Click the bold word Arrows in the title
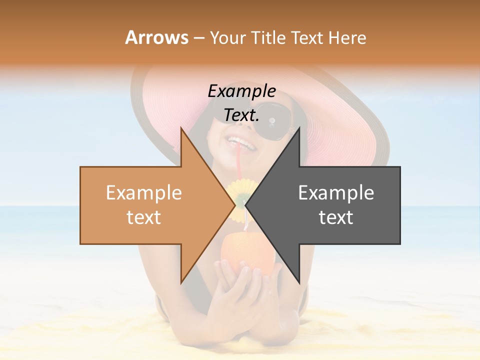click(156, 37)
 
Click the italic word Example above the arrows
click(241, 91)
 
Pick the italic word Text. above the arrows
click(241, 115)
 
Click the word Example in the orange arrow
click(143, 192)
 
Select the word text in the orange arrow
click(143, 217)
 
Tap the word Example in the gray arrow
click(336, 192)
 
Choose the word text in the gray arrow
click(336, 217)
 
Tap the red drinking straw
click(240, 160)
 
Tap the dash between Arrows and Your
click(198, 37)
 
